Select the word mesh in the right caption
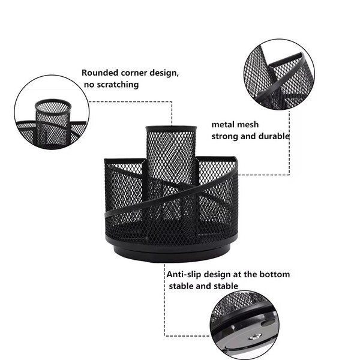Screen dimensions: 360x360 pos(247,125)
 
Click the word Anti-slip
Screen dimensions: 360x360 pos(187,274)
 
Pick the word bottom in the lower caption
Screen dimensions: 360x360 pos(275,274)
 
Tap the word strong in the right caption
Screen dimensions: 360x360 pos(225,136)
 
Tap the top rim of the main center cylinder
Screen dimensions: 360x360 pos(171,128)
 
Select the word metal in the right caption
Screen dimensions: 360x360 pos(223,125)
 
